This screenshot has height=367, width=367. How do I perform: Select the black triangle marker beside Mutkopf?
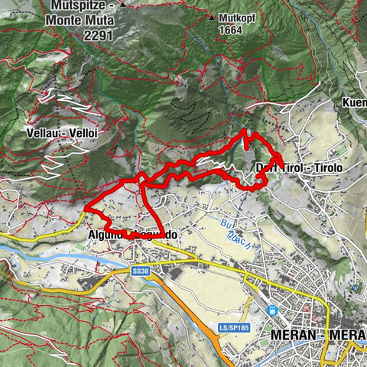coord(211,16)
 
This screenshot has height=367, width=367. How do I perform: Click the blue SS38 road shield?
coord(139,271)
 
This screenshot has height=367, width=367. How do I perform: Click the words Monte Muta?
coord(86,21)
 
